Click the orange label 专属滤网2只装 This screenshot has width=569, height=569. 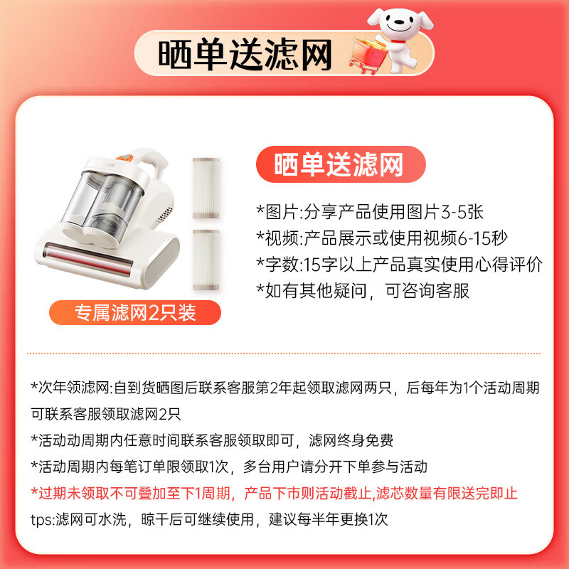click(135, 312)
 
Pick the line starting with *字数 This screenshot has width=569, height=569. click(399, 265)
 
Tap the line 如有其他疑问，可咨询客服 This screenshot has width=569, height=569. click(363, 290)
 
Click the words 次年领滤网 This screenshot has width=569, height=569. click(72, 388)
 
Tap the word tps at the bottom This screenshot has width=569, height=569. click(41, 519)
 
